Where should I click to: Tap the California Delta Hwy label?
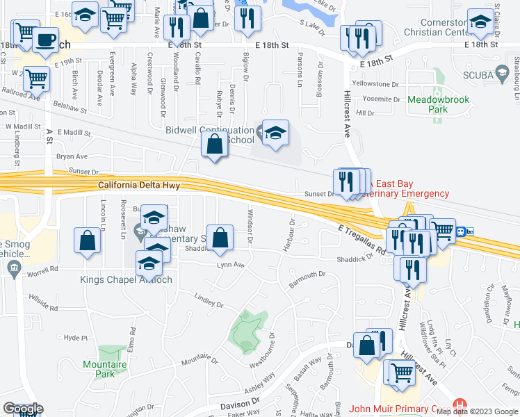pyautogui.click(x=139, y=185)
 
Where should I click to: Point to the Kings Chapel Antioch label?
pyautogui.click(x=126, y=279)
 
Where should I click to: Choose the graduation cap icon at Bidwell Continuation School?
pyautogui.click(x=275, y=133)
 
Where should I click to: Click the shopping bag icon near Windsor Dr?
pyautogui.click(x=220, y=238)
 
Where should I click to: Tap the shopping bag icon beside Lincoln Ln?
pyautogui.click(x=88, y=241)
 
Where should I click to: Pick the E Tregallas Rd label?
pyautogui.click(x=362, y=240)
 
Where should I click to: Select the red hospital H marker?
pyautogui.click(x=458, y=404)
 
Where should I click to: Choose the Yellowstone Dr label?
pyautogui.click(x=376, y=83)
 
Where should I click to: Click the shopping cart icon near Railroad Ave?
pyautogui.click(x=36, y=79)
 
